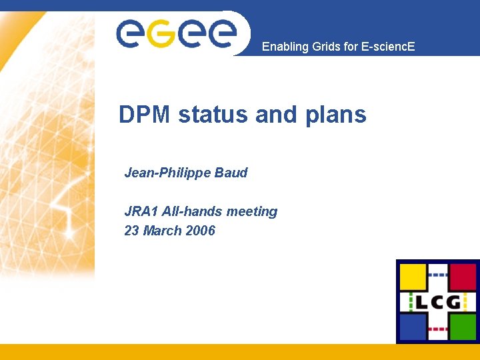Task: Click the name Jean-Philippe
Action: (167, 173)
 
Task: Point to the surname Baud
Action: (231, 173)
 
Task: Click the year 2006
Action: (201, 231)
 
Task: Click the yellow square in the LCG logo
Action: (413, 276)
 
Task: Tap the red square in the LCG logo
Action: (463, 276)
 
